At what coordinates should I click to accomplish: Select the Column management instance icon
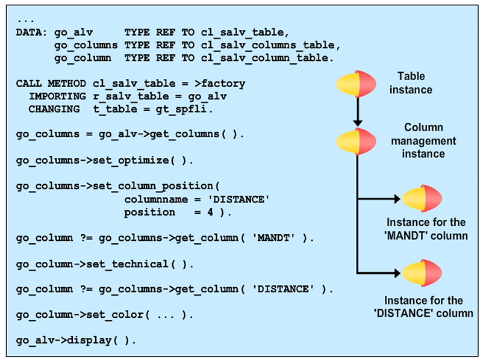[358, 141]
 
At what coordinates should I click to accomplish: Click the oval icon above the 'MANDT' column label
[422, 199]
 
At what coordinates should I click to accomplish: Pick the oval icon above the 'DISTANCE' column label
[422, 273]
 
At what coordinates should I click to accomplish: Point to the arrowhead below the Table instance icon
[358, 122]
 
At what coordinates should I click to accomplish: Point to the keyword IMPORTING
[57, 96]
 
